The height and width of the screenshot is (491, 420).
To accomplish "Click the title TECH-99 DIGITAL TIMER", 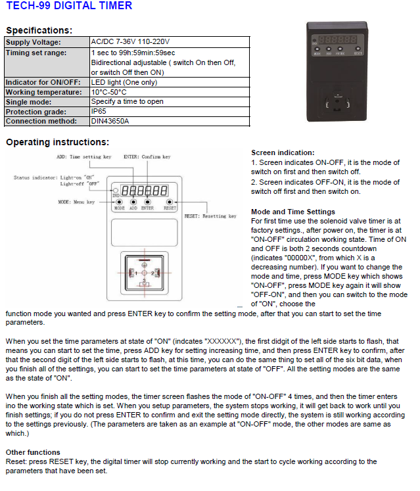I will [69, 6].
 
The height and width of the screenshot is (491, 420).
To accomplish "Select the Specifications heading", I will [39, 30].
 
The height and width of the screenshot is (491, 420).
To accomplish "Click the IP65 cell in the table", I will [98, 112].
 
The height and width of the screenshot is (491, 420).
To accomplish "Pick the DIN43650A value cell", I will [110, 121].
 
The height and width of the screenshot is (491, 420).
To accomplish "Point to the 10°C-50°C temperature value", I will [108, 92].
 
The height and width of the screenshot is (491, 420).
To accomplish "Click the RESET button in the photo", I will [358, 49].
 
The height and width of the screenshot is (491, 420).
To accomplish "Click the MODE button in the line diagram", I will [119, 202].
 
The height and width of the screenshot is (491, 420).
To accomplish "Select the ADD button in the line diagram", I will [133, 202].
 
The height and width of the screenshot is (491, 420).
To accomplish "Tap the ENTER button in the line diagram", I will [147, 202].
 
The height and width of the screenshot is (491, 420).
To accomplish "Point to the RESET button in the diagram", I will [170, 202].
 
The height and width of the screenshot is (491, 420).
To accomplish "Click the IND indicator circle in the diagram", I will [116, 191].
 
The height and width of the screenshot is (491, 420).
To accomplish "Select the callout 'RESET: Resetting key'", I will [210, 216].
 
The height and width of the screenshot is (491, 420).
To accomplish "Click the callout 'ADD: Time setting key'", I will [84, 157].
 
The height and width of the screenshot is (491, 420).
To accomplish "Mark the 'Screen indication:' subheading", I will [283, 152].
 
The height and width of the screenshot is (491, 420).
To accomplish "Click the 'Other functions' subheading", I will [34, 452].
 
